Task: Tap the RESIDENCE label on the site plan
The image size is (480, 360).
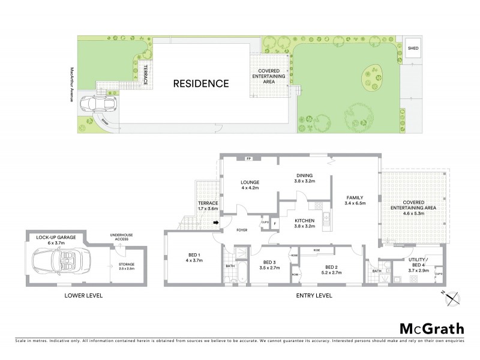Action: pyautogui.click(x=201, y=83)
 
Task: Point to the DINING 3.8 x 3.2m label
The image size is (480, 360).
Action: pyautogui.click(x=304, y=179)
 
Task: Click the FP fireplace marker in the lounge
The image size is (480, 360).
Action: pyautogui.click(x=248, y=159)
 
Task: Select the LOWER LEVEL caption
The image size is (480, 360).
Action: pyautogui.click(x=84, y=296)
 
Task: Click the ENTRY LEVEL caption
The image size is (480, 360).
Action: pyautogui.click(x=313, y=296)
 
